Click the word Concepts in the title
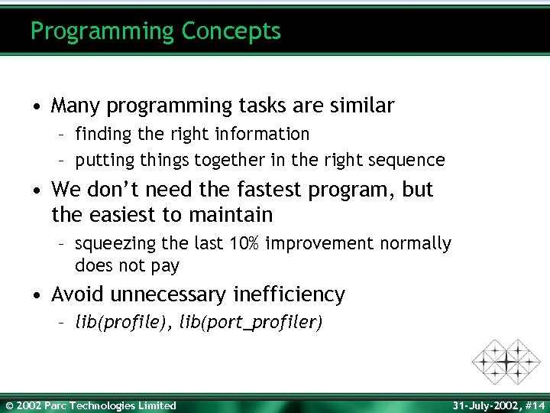[x=231, y=31]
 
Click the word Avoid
[x=79, y=294]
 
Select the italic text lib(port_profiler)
[x=251, y=323]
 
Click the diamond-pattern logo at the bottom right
[x=505, y=360]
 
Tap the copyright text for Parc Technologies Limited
[x=90, y=405]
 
